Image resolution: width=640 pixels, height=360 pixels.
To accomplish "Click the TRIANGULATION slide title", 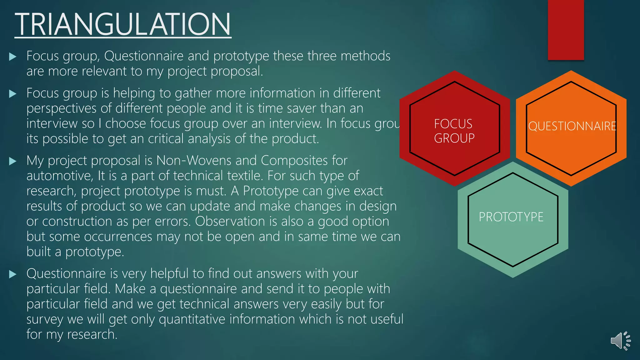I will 123,24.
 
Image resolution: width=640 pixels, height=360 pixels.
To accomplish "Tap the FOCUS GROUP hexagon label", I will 454,131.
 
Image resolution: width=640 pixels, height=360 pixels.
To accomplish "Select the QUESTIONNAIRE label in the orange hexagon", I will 572,126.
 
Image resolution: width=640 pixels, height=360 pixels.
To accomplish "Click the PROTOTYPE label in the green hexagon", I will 511,217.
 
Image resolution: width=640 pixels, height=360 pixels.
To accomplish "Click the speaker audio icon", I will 620,340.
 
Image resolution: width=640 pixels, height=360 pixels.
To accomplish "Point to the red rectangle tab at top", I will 566,30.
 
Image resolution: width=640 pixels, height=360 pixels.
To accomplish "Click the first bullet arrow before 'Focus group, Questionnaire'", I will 12,57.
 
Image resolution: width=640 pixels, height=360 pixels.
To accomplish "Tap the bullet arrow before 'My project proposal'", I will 12,161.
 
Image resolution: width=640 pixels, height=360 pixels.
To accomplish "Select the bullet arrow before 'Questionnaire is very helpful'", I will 12,274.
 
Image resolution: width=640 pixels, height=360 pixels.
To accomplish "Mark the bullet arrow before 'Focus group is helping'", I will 12,93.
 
